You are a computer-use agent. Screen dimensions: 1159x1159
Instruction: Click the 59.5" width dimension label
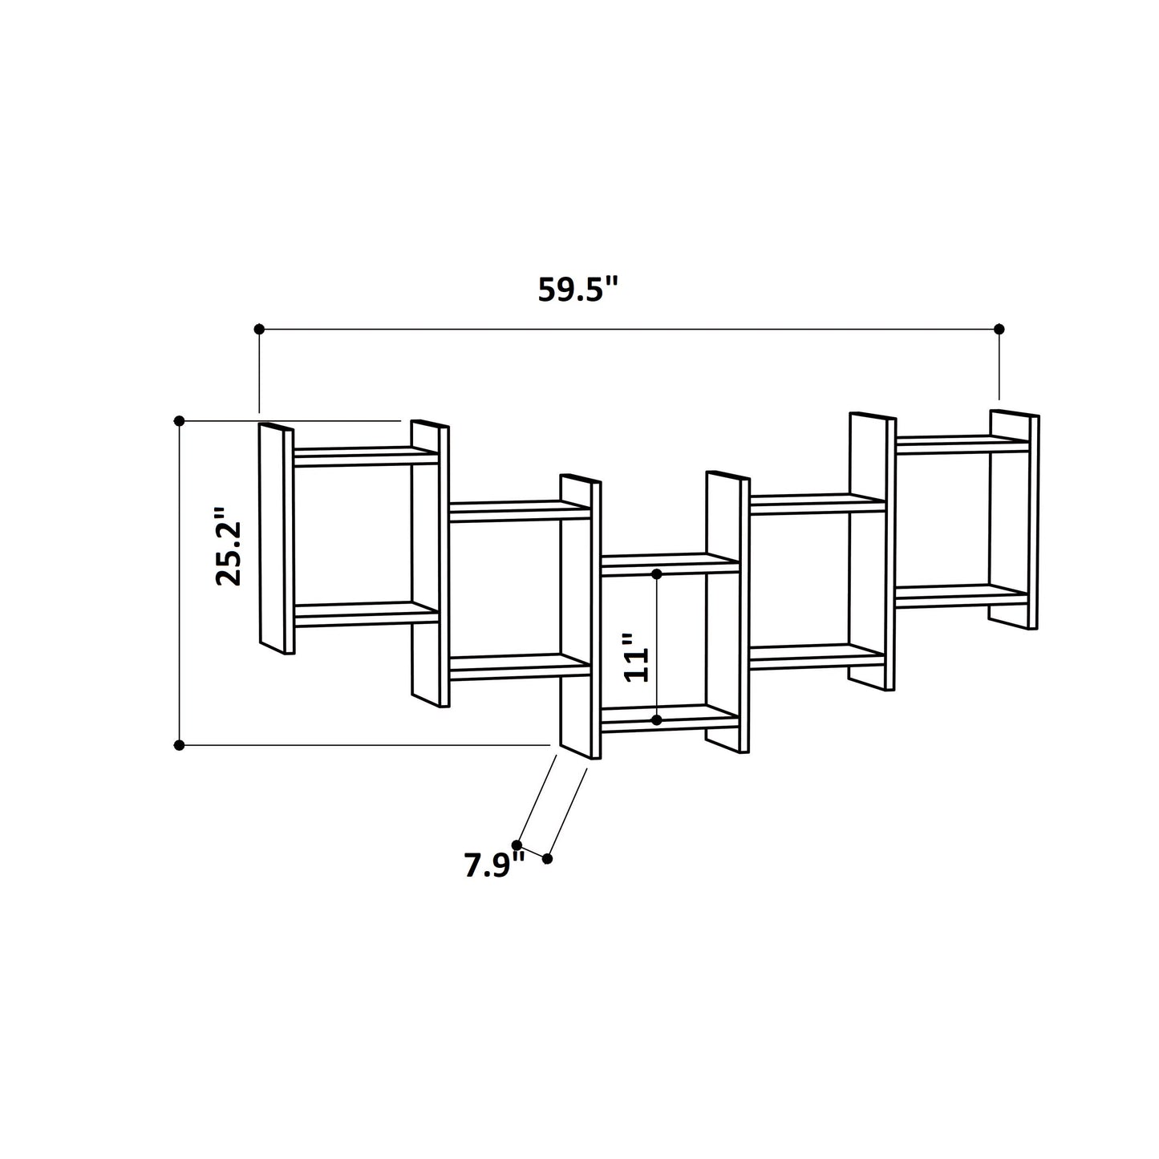tap(578, 290)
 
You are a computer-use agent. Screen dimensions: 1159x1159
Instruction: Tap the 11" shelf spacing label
tap(636, 657)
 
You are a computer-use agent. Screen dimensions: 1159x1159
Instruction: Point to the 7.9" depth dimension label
tap(493, 866)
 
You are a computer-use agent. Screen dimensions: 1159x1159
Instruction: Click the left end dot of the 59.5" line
tap(259, 329)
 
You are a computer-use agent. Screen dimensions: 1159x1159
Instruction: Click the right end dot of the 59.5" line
tap(999, 329)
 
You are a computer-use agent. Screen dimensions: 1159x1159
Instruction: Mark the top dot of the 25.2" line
tap(180, 420)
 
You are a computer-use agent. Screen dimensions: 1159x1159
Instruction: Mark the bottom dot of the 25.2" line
tap(180, 745)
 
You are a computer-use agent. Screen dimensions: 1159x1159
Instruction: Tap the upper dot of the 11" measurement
tap(657, 574)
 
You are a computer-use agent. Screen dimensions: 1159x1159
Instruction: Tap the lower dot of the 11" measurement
tap(657, 720)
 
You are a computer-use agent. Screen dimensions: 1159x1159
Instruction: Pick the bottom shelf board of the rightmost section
tap(961, 595)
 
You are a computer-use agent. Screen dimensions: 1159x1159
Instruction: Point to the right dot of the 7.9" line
tap(548, 858)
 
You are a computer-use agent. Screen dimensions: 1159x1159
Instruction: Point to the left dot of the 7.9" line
tap(517, 845)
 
